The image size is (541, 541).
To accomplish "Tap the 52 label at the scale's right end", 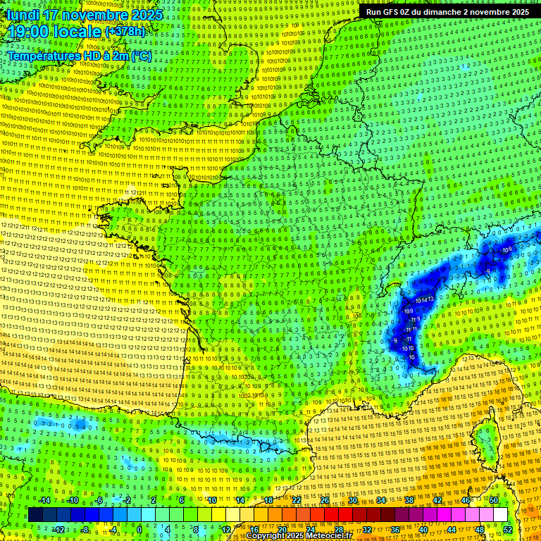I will pos(508,529).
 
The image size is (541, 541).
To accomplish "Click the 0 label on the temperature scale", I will pos(139,529).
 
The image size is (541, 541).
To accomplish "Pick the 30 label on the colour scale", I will pos(353,500).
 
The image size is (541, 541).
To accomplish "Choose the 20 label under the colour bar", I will pos(282,529).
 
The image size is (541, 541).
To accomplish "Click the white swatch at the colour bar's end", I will pos(501,515).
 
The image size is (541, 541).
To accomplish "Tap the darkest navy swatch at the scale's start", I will pos(35,515).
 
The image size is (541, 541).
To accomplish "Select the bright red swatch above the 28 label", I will pos(338,515).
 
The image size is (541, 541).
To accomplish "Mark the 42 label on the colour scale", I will pos(437,500).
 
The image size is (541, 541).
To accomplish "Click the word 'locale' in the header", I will pos(78,32).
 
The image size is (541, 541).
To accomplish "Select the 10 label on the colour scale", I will pos(212,500).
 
